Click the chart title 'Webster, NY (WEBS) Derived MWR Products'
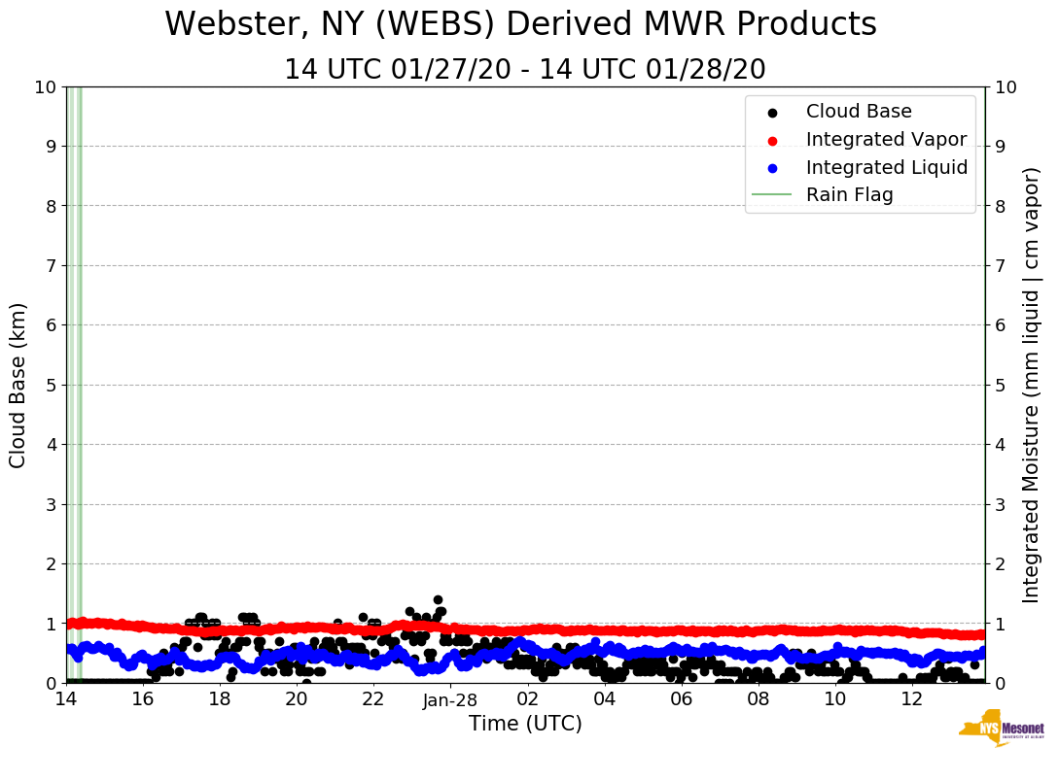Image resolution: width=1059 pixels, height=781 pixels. pyautogui.click(x=520, y=24)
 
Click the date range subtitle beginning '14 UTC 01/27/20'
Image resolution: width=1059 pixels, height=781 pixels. pyautogui.click(x=525, y=70)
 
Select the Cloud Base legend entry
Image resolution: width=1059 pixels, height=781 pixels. pyautogui.click(x=859, y=112)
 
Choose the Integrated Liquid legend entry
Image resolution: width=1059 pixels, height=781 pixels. pyautogui.click(x=886, y=167)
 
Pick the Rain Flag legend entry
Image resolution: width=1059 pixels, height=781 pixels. pyautogui.click(x=849, y=194)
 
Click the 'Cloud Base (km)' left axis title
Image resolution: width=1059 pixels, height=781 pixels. pyautogui.click(x=18, y=385)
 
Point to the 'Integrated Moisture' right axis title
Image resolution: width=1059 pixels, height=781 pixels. pyautogui.click(x=1032, y=385)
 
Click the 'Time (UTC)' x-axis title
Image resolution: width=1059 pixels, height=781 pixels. pyautogui.click(x=525, y=724)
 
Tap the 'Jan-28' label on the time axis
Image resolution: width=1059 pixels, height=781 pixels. pyautogui.click(x=450, y=700)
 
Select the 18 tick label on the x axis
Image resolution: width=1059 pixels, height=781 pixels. pyautogui.click(x=220, y=700)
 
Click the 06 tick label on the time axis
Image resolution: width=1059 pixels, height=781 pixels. pyautogui.click(x=681, y=700)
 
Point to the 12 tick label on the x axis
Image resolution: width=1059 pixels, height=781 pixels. pyautogui.click(x=911, y=700)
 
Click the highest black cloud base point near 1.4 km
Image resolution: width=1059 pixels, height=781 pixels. pyautogui.click(x=438, y=600)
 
